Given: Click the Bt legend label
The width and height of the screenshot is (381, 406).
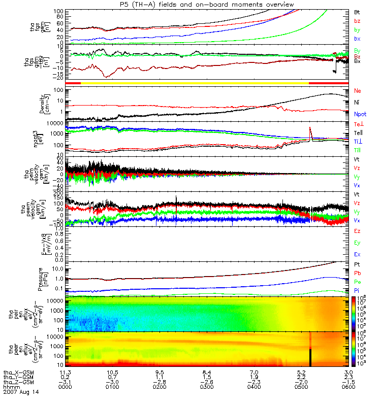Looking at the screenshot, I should coord(357,12).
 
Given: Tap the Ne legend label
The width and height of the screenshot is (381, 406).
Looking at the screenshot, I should coord(358,91).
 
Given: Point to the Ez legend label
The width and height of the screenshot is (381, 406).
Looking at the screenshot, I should coord(357,231).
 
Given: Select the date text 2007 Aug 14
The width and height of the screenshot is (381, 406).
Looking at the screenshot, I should coord(21,392).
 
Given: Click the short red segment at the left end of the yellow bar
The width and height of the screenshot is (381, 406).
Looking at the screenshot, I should coord(73,82).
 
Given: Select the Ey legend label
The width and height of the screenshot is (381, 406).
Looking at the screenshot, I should coord(357,243).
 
